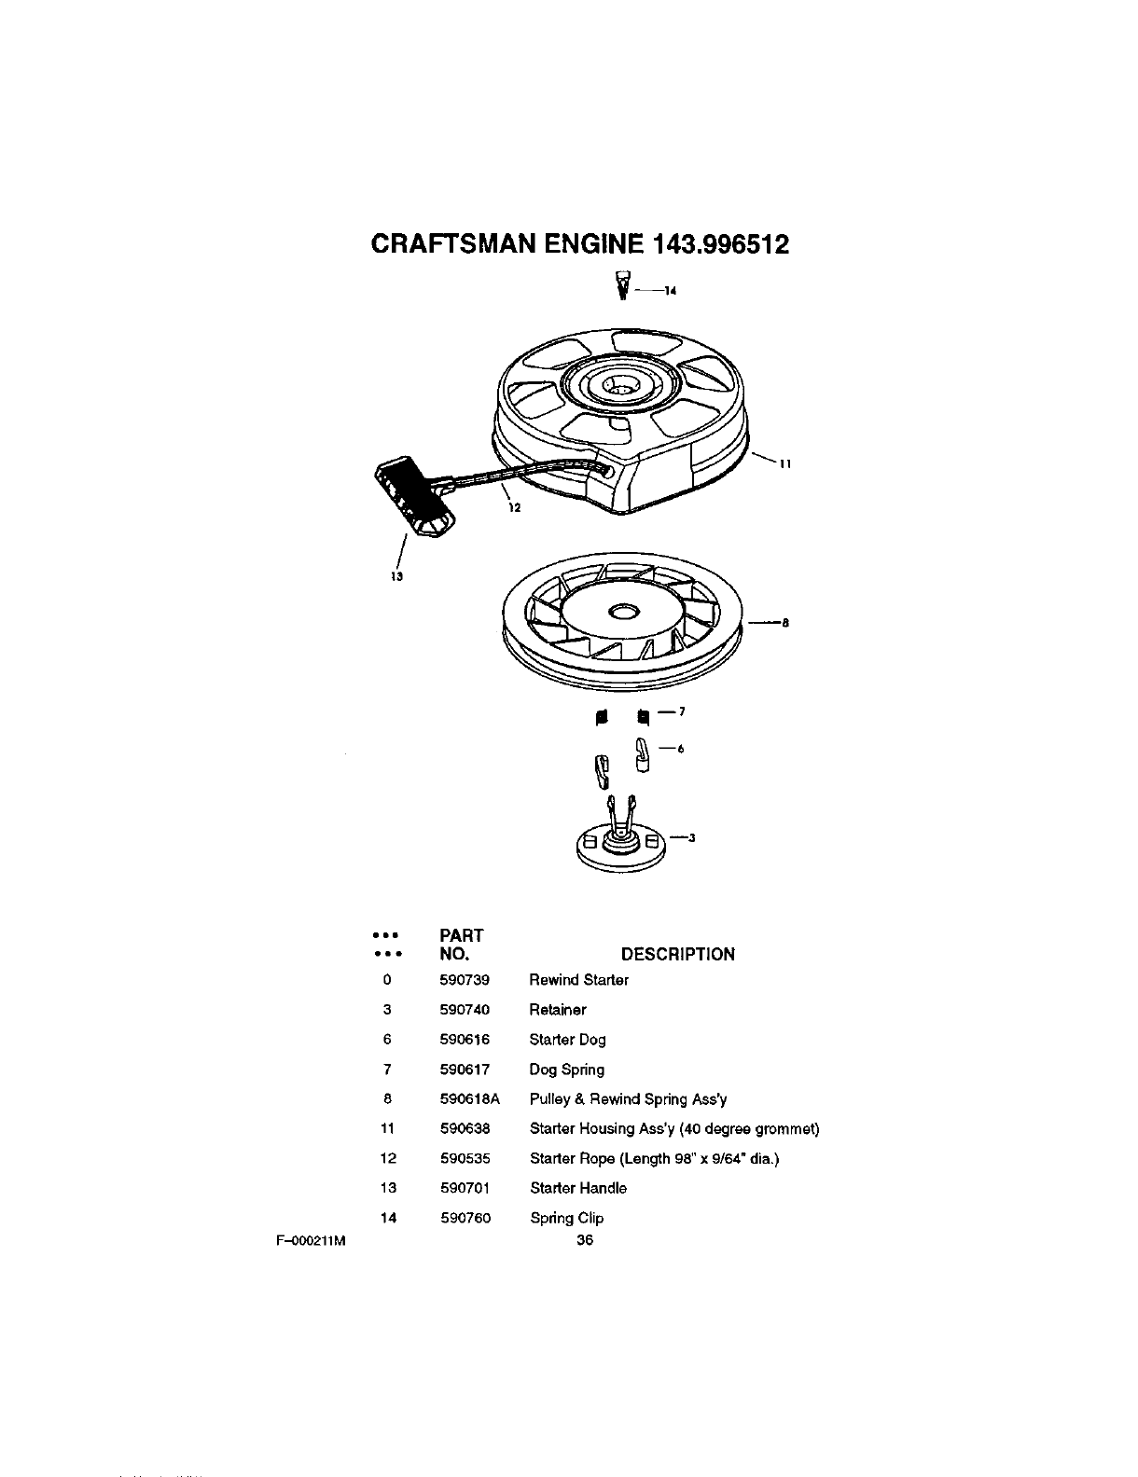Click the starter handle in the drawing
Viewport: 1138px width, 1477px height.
(412, 498)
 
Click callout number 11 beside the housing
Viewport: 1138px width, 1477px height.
(785, 464)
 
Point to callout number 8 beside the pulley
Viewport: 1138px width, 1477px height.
(785, 624)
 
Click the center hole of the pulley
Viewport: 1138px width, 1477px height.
(622, 612)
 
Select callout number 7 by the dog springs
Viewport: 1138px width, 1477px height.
(682, 712)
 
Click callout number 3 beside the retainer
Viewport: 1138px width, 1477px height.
(692, 837)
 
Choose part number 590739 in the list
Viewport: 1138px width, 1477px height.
(465, 980)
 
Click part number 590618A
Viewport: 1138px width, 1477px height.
(470, 1099)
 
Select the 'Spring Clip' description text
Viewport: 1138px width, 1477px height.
(567, 1218)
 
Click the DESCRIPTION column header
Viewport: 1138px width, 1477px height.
(678, 954)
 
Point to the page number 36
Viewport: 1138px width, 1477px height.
(585, 1240)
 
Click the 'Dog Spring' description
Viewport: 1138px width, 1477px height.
(567, 1070)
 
